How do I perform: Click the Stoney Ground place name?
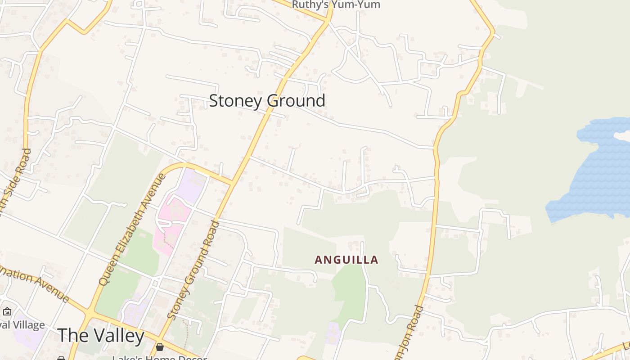pos(267,101)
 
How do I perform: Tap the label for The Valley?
pos(101,336)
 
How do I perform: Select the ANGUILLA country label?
pos(346,260)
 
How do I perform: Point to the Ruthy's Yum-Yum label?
pos(336,5)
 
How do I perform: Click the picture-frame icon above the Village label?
pos(7,311)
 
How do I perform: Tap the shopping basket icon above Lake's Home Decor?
pos(159,347)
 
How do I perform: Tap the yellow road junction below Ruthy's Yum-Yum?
pos(328,21)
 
